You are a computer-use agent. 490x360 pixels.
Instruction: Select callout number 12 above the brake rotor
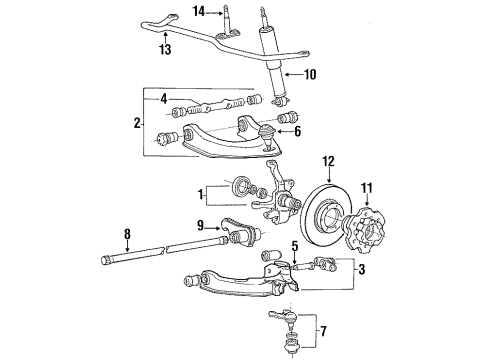(x=330, y=160)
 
